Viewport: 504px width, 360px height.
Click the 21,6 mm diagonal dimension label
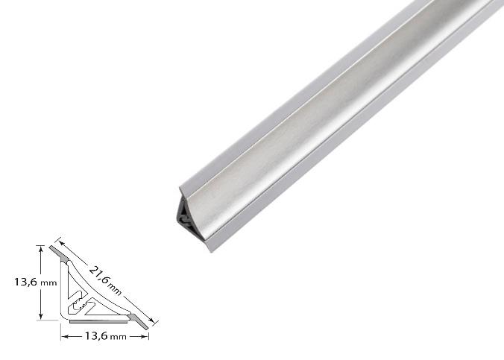click(x=105, y=280)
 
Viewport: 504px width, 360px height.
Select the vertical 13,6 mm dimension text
click(x=35, y=282)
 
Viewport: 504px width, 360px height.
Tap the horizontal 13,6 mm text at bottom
click(x=105, y=336)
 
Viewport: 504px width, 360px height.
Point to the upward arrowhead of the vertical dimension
click(x=40, y=249)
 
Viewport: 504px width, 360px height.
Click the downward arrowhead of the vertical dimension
click(x=40, y=316)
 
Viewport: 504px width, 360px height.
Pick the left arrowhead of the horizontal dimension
click(x=65, y=337)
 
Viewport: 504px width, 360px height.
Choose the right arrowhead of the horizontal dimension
click(x=145, y=337)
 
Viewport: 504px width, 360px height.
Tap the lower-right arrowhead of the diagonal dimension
click(x=151, y=320)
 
